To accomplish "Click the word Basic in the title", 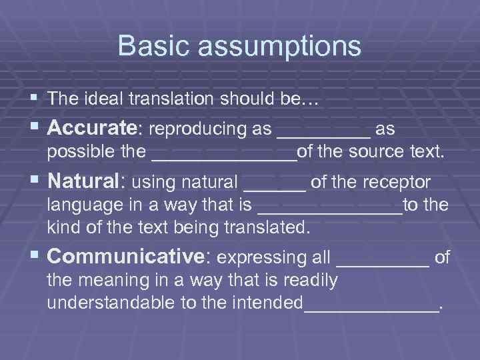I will pyautogui.click(x=149, y=46).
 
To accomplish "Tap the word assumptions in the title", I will pyautogui.click(x=275, y=47).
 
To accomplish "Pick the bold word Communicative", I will pyautogui.click(x=125, y=257).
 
